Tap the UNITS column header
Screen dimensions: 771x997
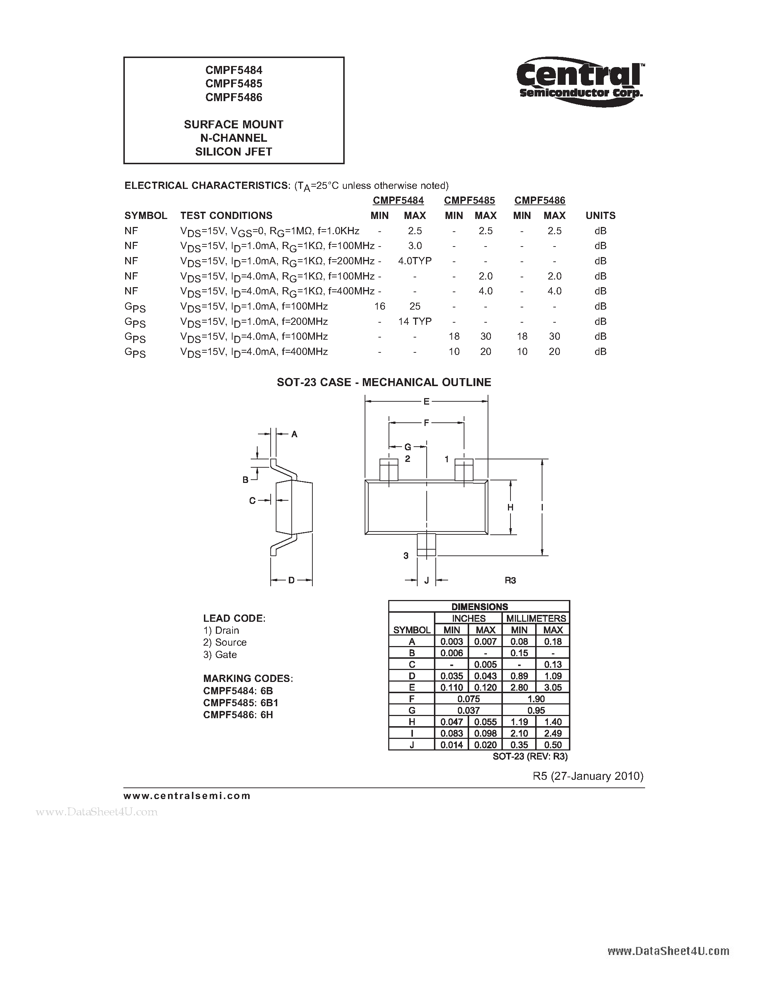(600, 215)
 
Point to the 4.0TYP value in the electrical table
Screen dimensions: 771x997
(415, 261)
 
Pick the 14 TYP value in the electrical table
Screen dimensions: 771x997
(415, 321)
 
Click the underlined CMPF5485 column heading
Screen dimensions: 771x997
(469, 200)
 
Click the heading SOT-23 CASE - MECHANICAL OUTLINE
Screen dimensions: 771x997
(384, 382)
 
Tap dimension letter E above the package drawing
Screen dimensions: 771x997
(426, 402)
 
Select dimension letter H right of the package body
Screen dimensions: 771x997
(510, 507)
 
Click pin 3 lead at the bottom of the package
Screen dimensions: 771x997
(426, 545)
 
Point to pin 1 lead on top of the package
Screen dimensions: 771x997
(464, 470)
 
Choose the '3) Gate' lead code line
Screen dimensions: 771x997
(220, 655)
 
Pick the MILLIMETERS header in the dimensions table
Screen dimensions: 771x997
(536, 618)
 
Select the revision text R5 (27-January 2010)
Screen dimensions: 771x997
(588, 776)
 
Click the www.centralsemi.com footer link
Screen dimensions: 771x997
(187, 796)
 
